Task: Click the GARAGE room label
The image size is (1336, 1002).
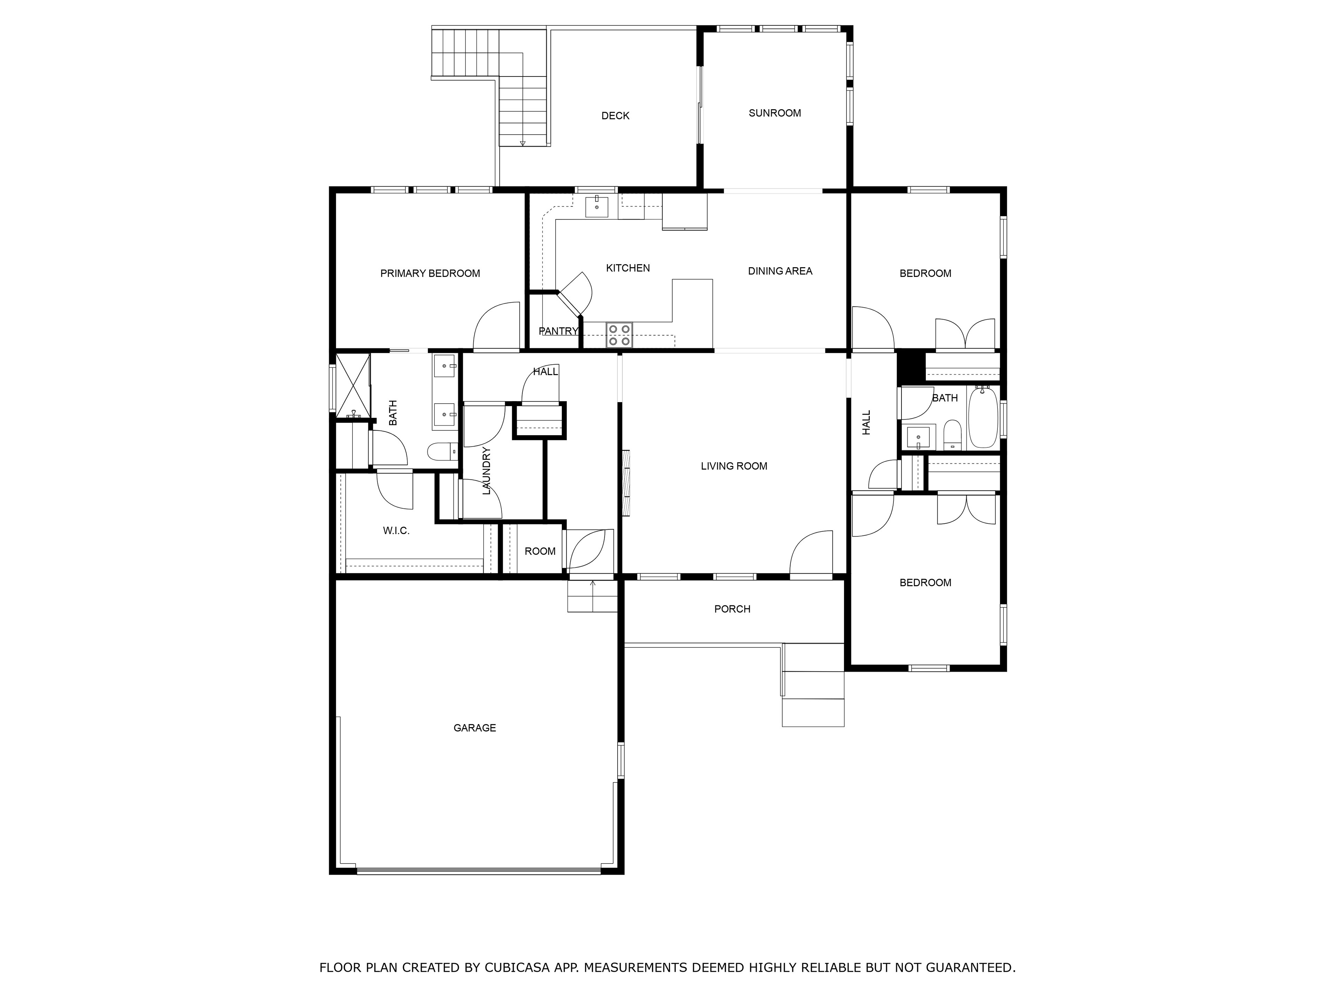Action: (475, 728)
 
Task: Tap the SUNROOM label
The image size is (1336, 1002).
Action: (775, 113)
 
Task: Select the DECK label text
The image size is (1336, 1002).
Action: (615, 116)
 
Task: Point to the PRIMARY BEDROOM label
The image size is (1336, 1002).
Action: (430, 273)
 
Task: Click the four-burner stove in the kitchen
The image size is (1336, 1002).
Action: (619, 335)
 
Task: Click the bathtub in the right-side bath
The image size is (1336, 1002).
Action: (983, 418)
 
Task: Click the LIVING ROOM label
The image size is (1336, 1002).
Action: (734, 466)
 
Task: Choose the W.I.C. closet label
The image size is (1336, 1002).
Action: (396, 531)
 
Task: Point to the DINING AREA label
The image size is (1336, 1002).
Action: (780, 271)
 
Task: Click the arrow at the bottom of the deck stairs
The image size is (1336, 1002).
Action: (523, 143)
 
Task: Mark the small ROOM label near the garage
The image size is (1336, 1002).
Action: (540, 551)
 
